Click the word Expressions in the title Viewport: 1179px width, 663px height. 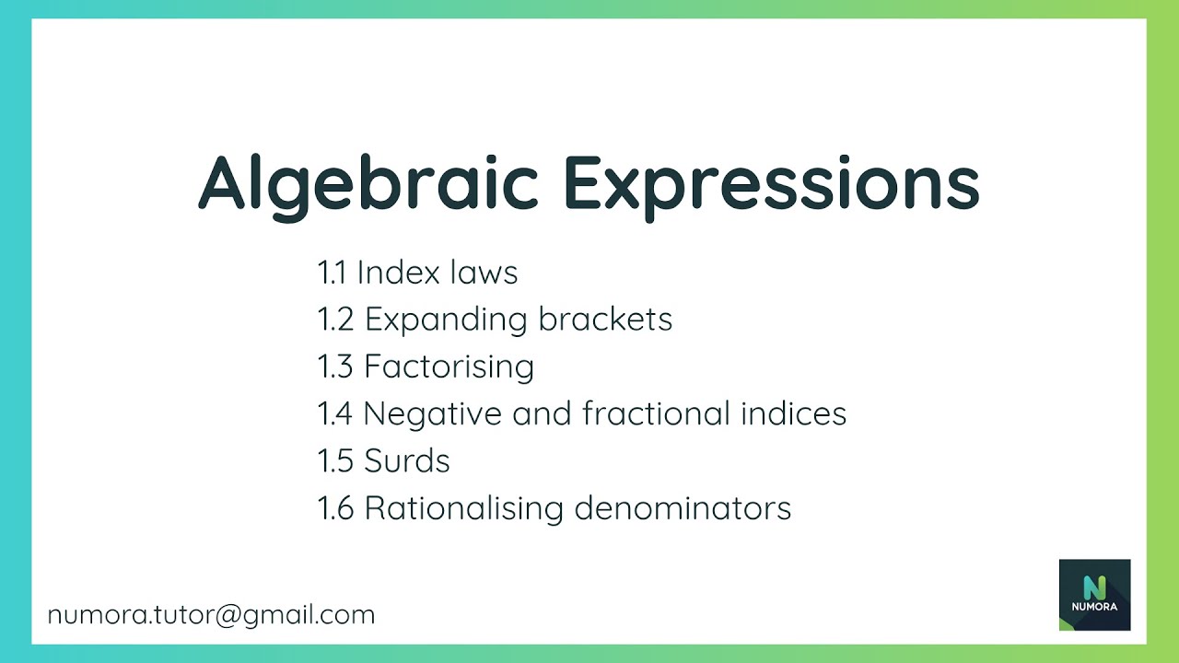coord(771,182)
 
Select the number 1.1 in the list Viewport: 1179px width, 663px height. coord(332,273)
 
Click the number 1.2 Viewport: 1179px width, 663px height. coord(335,320)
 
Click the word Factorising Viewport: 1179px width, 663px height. coord(449,366)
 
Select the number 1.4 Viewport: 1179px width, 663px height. coord(335,413)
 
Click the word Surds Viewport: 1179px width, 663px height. coord(407,460)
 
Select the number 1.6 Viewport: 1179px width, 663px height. coord(335,508)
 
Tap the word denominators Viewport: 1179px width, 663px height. coord(683,508)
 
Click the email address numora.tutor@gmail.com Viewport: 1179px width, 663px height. coord(211,615)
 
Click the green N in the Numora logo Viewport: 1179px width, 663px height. coord(1094,587)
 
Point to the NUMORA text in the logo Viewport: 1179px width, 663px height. coord(1094,607)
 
